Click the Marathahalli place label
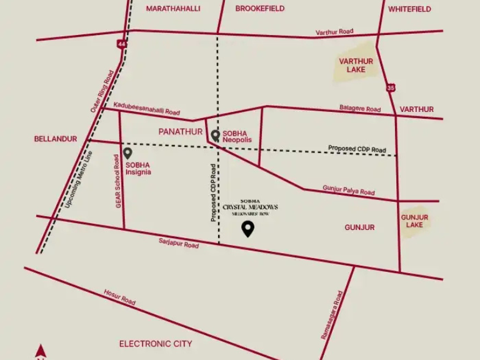pos(173,9)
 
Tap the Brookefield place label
pos(260,9)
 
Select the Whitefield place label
pos(409,9)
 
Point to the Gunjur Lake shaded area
pos(414,221)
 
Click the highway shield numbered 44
pos(121,44)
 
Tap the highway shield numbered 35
pos(390,87)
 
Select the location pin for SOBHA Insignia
pos(127,153)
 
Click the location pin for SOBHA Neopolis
pos(215,136)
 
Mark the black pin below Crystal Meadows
pos(248,229)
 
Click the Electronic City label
pos(156,344)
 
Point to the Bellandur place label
pos(55,139)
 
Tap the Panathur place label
pos(181,132)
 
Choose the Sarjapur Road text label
pos(179,244)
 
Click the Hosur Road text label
pos(119,297)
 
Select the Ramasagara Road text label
pos(332,315)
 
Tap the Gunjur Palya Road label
pos(348,190)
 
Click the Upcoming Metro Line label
pos(78,180)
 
